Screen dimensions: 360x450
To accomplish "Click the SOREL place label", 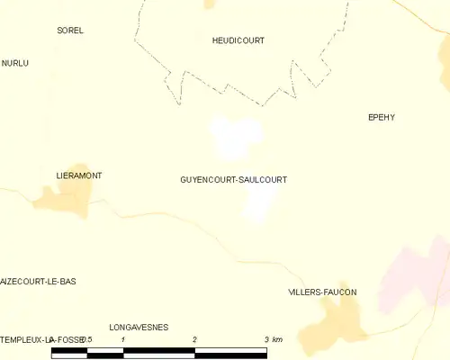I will coord(70,31).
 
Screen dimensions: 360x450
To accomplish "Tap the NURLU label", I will coord(15,63).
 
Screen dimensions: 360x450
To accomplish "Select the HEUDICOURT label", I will coord(238,40).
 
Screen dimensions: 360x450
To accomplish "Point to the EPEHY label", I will coord(382,117).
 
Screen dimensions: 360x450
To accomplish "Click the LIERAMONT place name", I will coord(78,175).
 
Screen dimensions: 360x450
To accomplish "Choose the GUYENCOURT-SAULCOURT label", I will coord(234,180).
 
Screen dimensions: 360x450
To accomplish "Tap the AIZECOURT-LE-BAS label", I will coord(39,282).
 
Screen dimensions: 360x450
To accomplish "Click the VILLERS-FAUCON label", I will coord(322,292).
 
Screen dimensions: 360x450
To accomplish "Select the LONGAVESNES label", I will coord(139,328).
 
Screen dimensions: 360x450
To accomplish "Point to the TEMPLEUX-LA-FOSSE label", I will coord(40,338).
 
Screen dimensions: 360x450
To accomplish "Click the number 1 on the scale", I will coord(122,339).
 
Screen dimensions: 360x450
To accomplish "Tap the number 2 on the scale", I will coord(194,339).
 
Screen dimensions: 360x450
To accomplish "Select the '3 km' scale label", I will coord(274,339).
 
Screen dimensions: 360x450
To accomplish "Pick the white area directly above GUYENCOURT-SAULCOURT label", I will coord(236,137).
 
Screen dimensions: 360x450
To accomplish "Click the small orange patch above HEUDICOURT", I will coord(210,4).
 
